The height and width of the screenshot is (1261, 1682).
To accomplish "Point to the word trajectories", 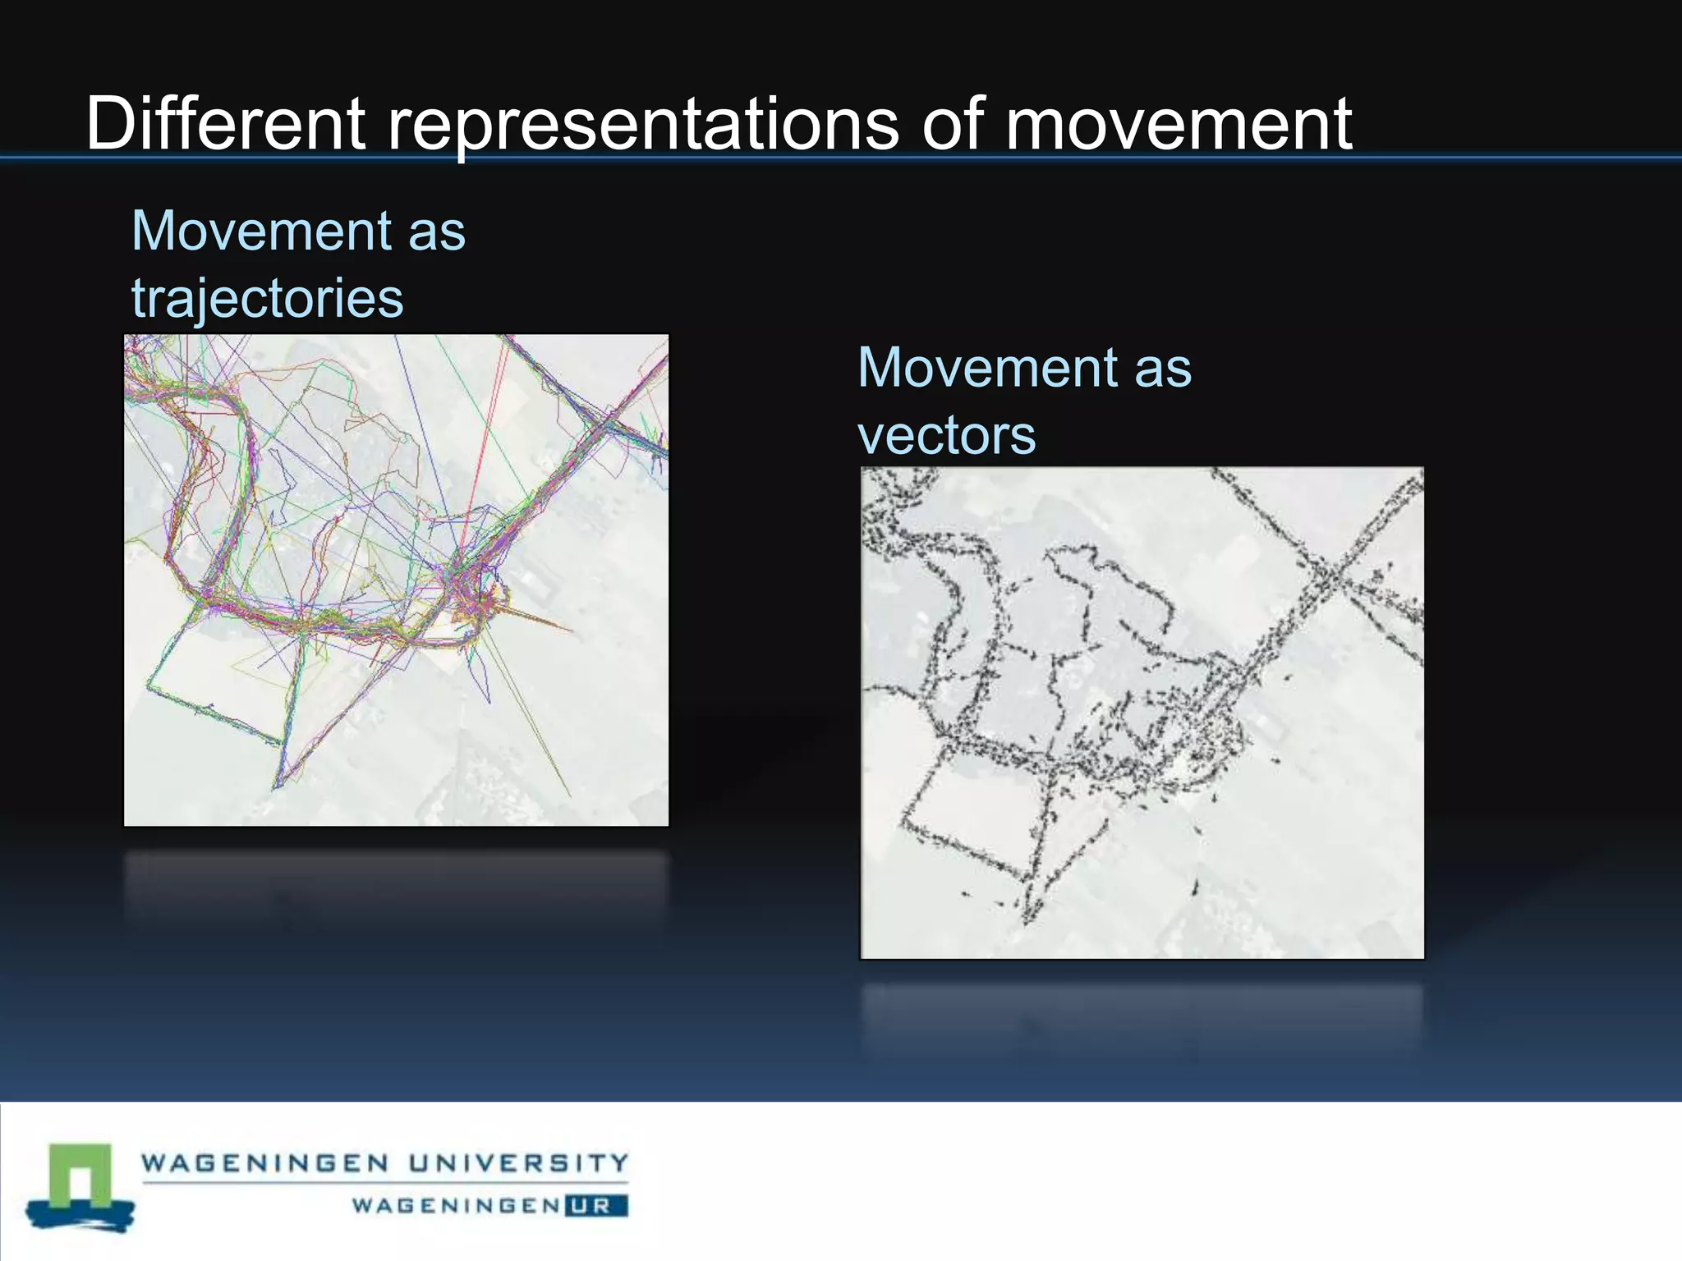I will point(268,299).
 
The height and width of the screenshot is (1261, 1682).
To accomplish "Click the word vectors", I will point(946,435).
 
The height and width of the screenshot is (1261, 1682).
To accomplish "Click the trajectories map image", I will point(396,580).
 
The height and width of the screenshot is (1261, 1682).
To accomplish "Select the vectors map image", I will point(1142,713).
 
